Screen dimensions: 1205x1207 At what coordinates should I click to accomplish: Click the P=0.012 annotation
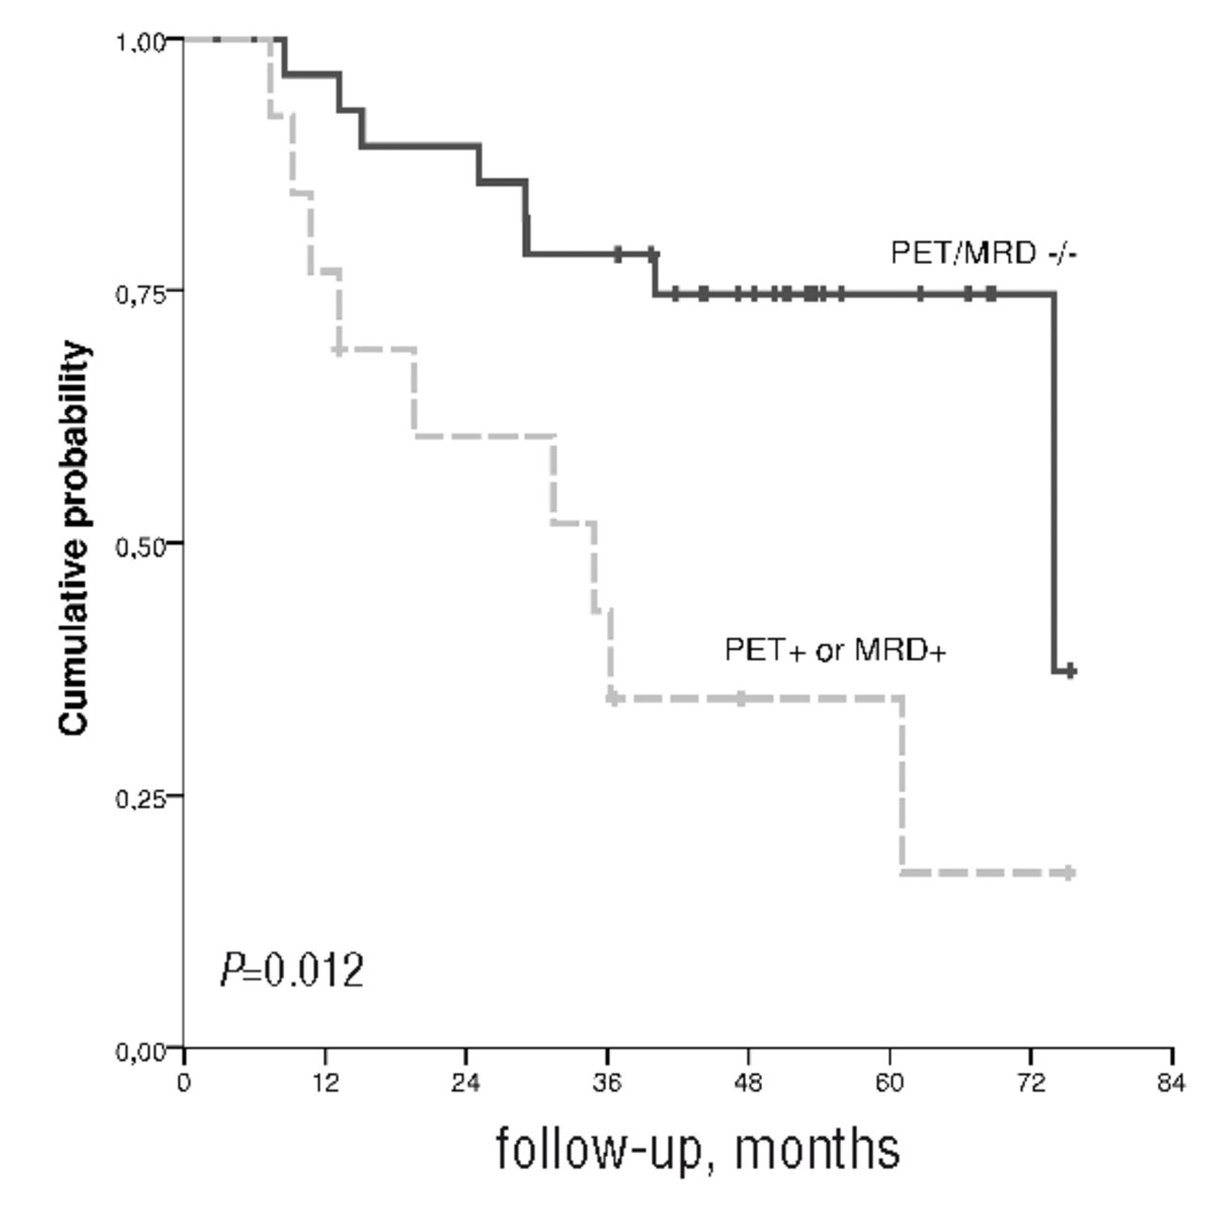coord(291,970)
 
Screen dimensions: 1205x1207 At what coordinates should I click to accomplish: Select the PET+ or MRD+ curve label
coord(835,650)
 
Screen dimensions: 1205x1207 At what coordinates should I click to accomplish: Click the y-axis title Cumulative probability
coord(75,538)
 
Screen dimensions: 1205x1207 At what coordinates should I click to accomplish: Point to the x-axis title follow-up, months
coord(697,1147)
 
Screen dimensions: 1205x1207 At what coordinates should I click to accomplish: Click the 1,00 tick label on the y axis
coord(140,41)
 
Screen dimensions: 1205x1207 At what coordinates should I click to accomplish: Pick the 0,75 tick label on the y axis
coord(140,293)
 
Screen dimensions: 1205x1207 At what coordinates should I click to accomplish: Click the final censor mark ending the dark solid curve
coord(1070,670)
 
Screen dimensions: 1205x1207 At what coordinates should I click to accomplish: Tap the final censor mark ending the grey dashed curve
coord(1069,872)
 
